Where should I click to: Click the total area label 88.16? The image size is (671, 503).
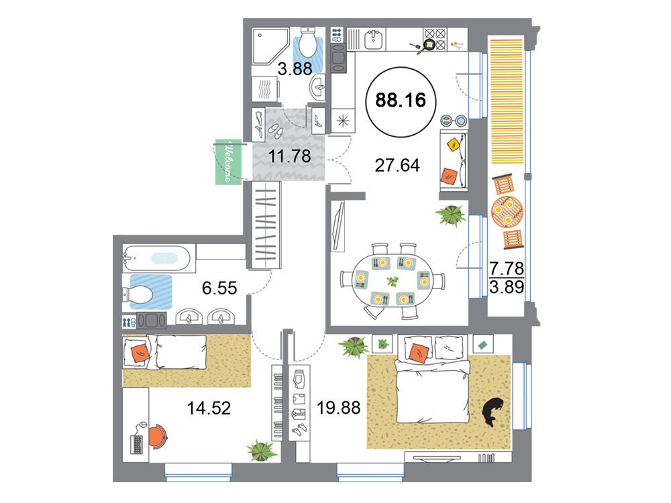tap(401, 101)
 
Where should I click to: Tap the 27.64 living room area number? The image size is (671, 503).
tap(397, 165)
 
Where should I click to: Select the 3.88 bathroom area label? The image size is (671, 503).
tap(295, 69)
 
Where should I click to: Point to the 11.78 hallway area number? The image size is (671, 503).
tap(289, 156)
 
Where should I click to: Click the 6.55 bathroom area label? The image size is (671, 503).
tap(219, 288)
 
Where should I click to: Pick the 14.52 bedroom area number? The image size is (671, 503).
tap(209, 408)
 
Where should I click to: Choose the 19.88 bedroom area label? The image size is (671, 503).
tap(338, 408)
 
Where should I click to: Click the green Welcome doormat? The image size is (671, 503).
tap(228, 162)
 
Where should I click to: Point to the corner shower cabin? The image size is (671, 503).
tap(270, 46)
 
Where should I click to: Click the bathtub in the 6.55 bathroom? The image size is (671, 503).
tap(159, 258)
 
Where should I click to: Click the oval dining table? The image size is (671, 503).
tap(392, 281)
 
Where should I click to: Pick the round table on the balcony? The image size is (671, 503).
tap(507, 211)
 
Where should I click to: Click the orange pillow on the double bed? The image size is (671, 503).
tap(419, 353)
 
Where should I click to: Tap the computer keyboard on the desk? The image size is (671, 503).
tap(137, 445)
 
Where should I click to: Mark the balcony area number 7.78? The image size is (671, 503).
tap(507, 269)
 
